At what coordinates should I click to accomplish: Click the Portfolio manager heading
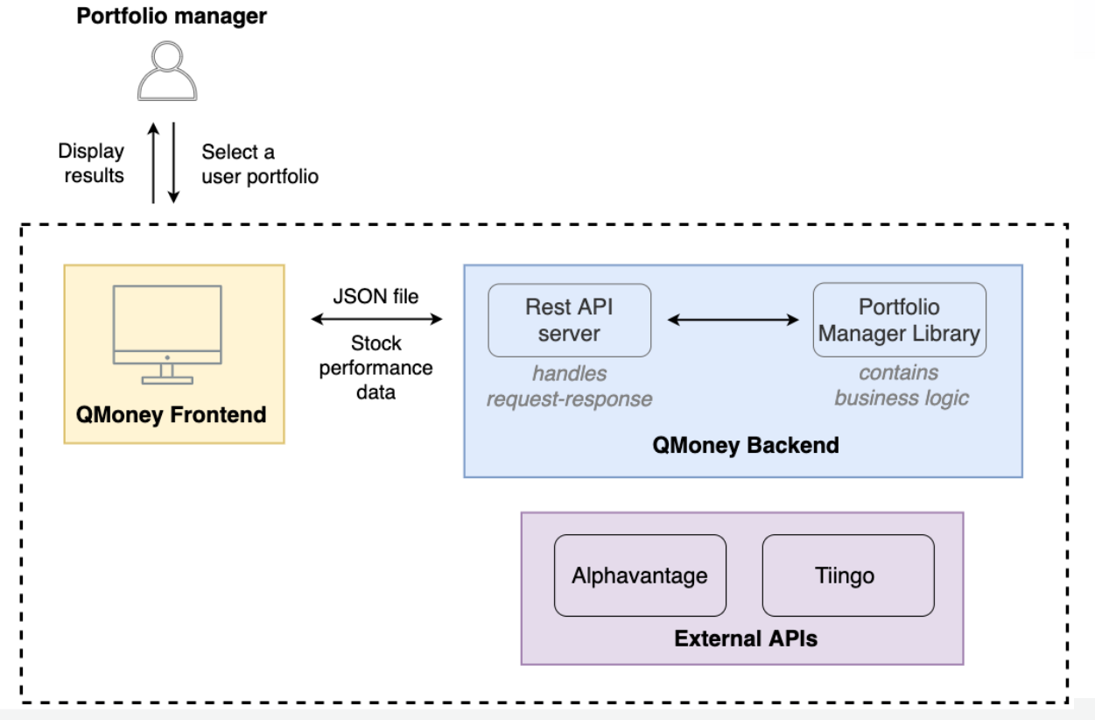[x=172, y=16]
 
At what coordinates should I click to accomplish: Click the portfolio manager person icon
[x=168, y=71]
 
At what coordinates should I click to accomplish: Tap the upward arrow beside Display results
[x=154, y=163]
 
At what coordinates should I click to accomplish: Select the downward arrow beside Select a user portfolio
[x=174, y=163]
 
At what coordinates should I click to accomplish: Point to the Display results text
[x=91, y=163]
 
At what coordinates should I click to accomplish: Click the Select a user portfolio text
[x=259, y=164]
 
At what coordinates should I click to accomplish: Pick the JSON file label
[x=375, y=297]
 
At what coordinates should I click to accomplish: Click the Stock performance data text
[x=375, y=367]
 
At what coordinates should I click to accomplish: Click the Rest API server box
[x=569, y=320]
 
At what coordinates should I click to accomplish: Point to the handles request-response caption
[x=569, y=386]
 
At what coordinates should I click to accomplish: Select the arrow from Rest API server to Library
[x=733, y=321]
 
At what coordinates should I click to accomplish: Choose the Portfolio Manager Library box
[x=899, y=320]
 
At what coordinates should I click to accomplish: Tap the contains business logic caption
[x=901, y=385]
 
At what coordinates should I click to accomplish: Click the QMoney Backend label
[x=745, y=445]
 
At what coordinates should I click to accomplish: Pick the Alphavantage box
[x=640, y=575]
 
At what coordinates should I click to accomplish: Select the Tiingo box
[x=847, y=575]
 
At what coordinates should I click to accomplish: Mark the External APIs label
[x=745, y=639]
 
